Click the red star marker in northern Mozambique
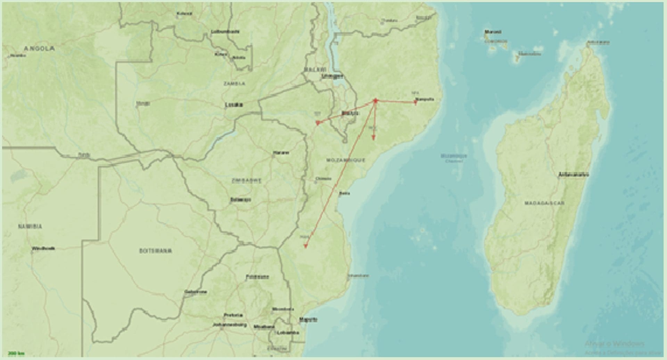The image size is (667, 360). [x=375, y=101]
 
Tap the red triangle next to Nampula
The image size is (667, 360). [x=415, y=102]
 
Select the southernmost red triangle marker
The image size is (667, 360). [x=305, y=246]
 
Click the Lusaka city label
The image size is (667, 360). [x=234, y=104]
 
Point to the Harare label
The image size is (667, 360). [x=281, y=153]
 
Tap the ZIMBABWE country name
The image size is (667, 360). [x=247, y=181]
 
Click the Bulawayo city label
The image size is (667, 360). [x=240, y=200]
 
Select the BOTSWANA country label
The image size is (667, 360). [x=155, y=251]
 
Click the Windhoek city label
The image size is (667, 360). [x=43, y=249]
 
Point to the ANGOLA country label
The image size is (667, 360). [x=39, y=49]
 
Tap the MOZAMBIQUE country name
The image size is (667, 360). [x=346, y=160]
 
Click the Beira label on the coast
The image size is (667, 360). [x=345, y=193]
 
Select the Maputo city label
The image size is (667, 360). [x=308, y=319]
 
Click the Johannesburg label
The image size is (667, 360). [x=230, y=325]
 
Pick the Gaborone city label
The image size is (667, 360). [x=196, y=292]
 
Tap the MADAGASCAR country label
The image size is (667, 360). [x=544, y=203]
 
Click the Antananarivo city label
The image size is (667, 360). [x=573, y=175]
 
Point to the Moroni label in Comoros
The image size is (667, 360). [x=493, y=32]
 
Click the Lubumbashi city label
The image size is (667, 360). [x=225, y=32]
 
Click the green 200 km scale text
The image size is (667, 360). [x=16, y=353]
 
